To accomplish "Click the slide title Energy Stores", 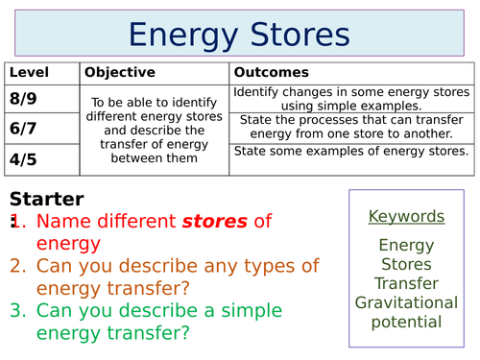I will click(x=239, y=35).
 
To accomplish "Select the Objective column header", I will click(x=119, y=73).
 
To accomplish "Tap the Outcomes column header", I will click(x=271, y=73).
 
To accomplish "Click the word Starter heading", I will click(x=46, y=200).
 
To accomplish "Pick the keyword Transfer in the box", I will click(x=407, y=283).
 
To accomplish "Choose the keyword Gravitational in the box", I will click(x=407, y=302).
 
